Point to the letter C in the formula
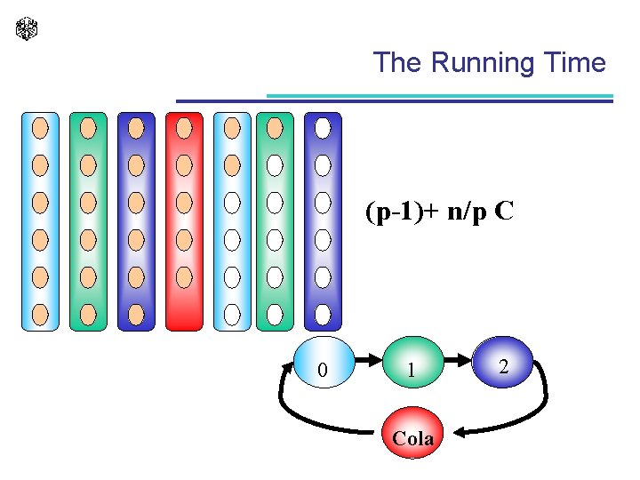click(504, 213)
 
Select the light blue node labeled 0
click(324, 364)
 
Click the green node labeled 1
click(411, 364)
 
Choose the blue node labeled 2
click(503, 363)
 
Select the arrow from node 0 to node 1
click(367, 361)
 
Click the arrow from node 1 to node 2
click(456, 361)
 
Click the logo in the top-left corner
click(27, 29)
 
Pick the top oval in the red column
click(184, 128)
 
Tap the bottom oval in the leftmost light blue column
click(40, 314)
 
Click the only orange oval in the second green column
click(275, 128)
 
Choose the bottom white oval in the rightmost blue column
click(323, 314)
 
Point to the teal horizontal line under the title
click(440, 95)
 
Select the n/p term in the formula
click(462, 213)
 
